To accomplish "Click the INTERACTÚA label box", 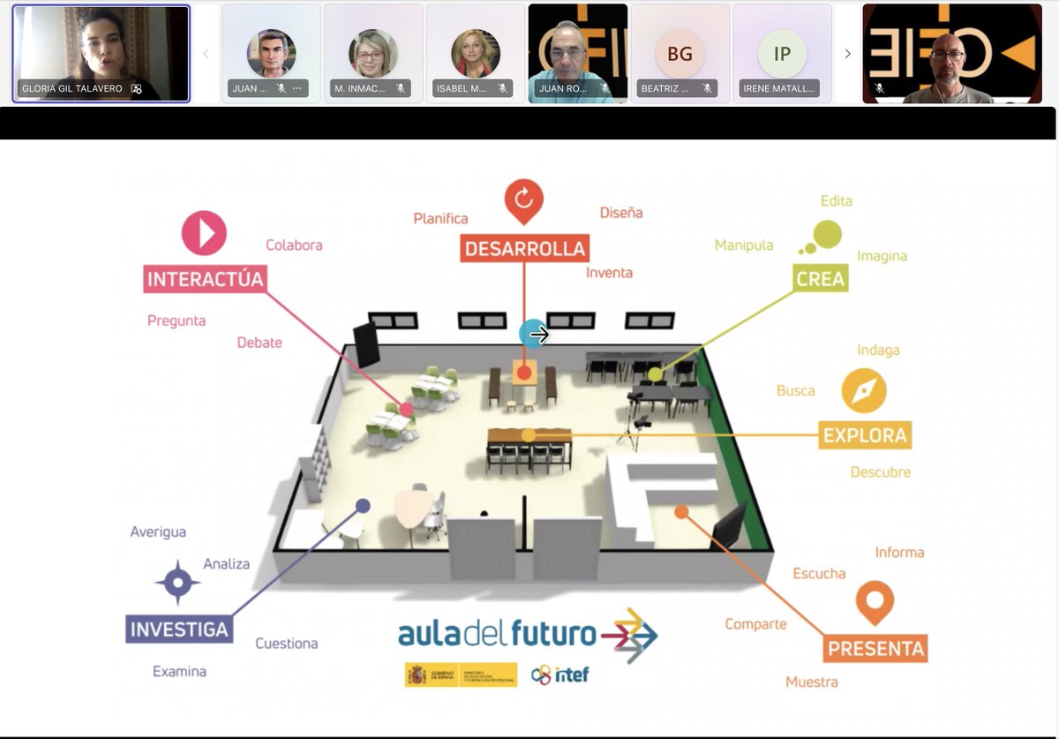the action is coord(205,279).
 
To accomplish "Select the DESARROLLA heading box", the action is coord(524,248).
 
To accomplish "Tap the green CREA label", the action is coord(820,279).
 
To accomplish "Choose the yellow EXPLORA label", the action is coord(864,434).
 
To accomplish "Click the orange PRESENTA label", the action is coord(875,649).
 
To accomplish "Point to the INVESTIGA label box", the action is coord(179,630).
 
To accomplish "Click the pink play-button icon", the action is coord(204,233).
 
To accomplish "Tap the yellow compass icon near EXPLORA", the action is coord(863,390).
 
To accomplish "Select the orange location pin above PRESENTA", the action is coord(875,602).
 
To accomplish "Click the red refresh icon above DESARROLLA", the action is coord(523,200).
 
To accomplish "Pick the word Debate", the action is coord(259,343).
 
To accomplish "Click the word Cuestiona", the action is coord(287,644).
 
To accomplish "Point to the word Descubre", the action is coord(880,472).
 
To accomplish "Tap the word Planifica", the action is coord(440,218).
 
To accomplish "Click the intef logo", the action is coord(560,675).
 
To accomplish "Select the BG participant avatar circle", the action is coord(680,54).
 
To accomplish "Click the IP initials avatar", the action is coord(782,54).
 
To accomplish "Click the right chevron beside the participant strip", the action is coord(847,54).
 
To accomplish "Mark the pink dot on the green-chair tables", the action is coord(406,410).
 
